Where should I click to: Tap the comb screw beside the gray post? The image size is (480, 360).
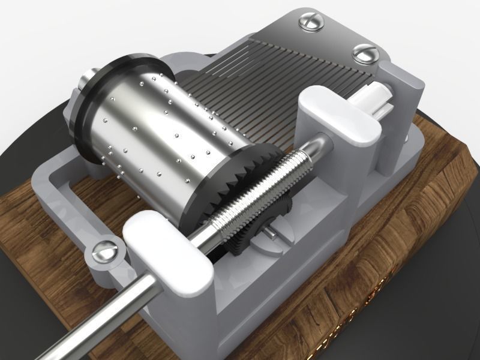coord(365,54)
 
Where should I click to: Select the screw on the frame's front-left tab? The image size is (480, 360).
coord(105,250)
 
